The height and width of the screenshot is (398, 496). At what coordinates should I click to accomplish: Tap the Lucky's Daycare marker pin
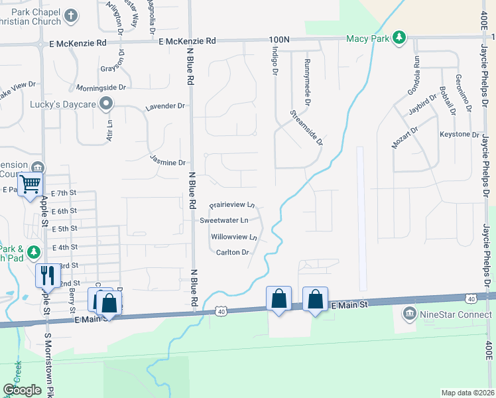click(x=105, y=103)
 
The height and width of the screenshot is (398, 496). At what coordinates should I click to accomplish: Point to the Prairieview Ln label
click(x=232, y=206)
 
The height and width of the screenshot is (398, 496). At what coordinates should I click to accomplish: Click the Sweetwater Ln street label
click(x=224, y=220)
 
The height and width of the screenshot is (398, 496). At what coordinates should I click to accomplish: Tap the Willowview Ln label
click(x=233, y=237)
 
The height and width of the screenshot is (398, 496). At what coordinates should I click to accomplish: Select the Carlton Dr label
click(x=232, y=252)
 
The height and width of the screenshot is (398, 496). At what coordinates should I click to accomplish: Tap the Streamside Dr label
click(x=306, y=127)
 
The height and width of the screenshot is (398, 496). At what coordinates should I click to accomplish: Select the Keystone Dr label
click(x=459, y=135)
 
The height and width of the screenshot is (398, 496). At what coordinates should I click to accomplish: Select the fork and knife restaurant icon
click(x=46, y=274)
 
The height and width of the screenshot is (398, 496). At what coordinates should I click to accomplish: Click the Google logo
click(x=22, y=390)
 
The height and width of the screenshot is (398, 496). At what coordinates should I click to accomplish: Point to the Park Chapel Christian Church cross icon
click(x=72, y=15)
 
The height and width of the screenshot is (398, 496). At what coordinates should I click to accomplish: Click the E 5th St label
click(x=65, y=229)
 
